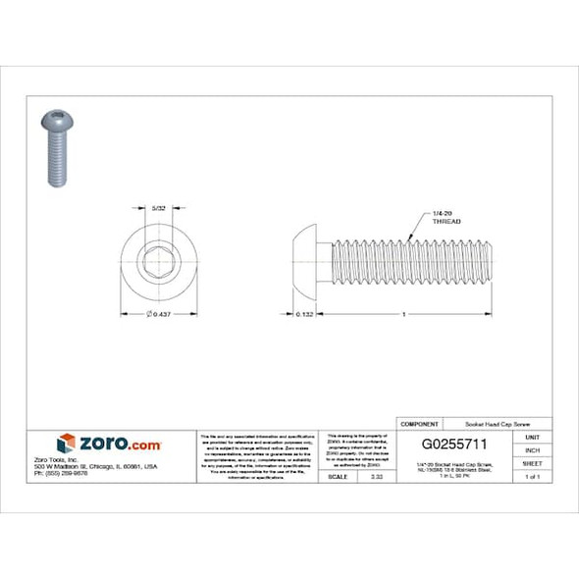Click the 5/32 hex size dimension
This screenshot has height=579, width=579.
click(159, 208)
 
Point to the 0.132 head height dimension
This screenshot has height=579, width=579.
click(304, 314)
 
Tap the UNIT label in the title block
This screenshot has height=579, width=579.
click(533, 437)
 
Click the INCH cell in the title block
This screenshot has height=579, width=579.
click(533, 449)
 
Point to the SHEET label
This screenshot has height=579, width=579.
click(533, 463)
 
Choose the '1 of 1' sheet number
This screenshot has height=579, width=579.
click(533, 476)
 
